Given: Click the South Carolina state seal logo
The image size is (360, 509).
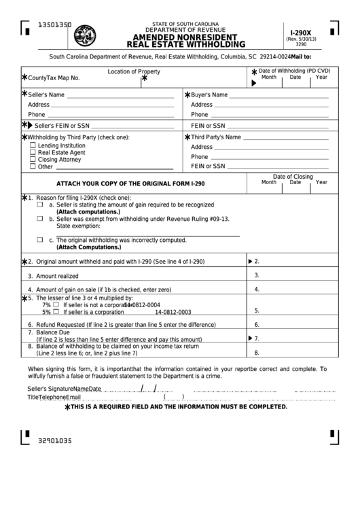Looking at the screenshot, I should [85, 34].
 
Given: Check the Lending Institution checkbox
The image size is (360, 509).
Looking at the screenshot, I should [33, 145].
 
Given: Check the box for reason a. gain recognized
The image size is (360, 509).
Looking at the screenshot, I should [39, 204].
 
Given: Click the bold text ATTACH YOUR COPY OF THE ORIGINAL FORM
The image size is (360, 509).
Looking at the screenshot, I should [126, 183].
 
